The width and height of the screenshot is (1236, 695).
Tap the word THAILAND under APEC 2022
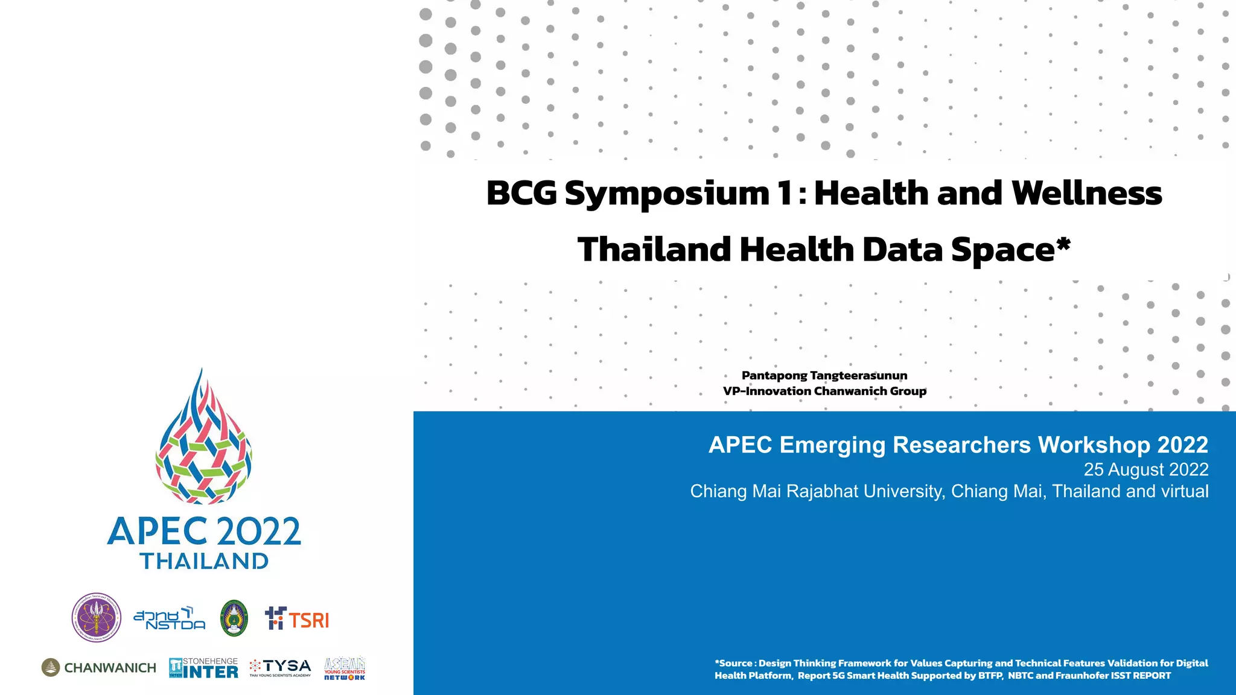click(205, 561)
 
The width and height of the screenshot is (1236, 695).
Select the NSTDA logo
click(170, 618)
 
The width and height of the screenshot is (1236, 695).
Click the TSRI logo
click(297, 619)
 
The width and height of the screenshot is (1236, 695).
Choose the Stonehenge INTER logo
click(203, 668)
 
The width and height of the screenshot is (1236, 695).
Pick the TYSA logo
click(281, 667)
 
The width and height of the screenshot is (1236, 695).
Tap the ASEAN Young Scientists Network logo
click(345, 668)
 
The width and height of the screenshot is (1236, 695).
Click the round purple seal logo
click(97, 617)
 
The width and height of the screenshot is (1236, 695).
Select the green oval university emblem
click(234, 618)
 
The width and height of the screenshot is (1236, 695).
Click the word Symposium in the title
click(667, 194)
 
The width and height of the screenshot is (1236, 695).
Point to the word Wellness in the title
click(1086, 194)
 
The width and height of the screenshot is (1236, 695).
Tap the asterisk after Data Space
click(1063, 244)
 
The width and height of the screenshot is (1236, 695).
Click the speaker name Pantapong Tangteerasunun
click(824, 375)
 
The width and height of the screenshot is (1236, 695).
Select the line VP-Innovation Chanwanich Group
click(824, 391)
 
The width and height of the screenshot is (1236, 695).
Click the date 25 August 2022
click(1145, 469)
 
